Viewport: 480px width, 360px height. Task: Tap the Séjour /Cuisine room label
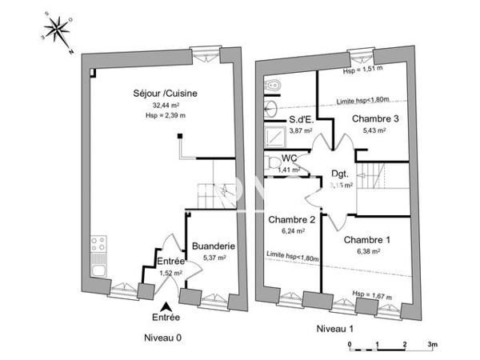[x=166, y=94]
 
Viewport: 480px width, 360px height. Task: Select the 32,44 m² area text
[x=166, y=105]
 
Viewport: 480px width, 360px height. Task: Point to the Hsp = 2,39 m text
[x=166, y=116]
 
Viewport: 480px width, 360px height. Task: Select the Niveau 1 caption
[x=336, y=329]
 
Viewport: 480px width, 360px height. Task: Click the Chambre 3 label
[x=376, y=118]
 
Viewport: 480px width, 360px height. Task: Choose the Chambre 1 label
[x=367, y=239]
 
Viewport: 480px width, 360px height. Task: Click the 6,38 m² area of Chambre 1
[x=366, y=250]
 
